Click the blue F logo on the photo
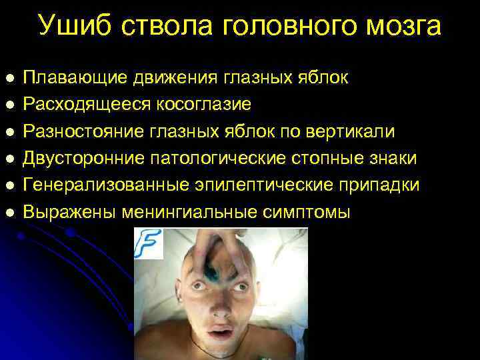point(149,243)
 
